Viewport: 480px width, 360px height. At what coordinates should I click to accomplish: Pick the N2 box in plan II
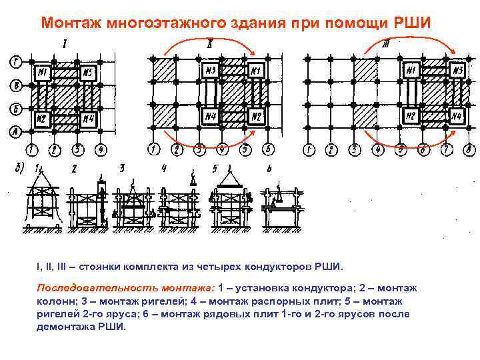[256, 118]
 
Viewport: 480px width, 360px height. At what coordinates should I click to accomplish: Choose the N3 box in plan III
[457, 70]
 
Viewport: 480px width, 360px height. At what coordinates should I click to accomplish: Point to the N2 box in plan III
[411, 117]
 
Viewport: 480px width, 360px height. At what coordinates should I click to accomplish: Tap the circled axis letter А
[15, 131]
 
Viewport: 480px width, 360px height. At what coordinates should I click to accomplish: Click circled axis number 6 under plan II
[267, 149]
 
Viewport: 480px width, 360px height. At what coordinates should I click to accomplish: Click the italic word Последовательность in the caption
[125, 288]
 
